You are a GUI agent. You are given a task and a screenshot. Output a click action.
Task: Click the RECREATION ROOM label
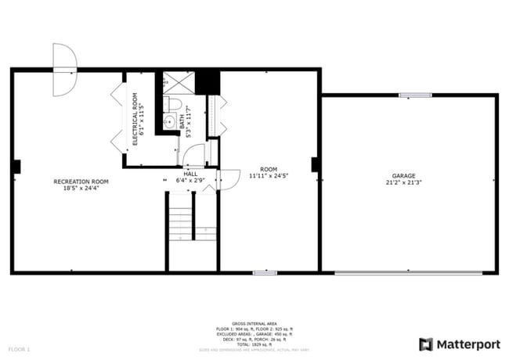tap(81, 182)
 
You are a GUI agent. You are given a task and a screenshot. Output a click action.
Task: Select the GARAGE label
tap(404, 175)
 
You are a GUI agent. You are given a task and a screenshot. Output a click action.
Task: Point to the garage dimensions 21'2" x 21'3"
tap(404, 182)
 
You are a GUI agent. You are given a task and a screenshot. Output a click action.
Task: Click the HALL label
tap(190, 174)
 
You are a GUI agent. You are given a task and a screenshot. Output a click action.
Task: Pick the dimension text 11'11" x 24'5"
tap(269, 176)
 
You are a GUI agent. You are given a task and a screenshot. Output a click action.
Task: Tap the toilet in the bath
tap(174, 105)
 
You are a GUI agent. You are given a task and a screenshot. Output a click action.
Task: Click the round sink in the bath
tap(169, 121)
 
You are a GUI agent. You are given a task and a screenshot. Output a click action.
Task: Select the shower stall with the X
tap(178, 82)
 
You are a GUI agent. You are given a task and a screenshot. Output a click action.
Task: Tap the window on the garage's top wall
tap(414, 95)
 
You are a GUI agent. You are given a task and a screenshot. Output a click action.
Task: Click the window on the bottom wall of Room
tap(265, 272)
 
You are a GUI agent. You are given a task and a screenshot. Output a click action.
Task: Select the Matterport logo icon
tap(426, 344)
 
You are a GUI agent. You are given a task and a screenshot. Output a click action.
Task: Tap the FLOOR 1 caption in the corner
tap(19, 348)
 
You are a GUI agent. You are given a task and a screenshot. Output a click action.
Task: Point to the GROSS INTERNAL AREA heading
tap(254, 322)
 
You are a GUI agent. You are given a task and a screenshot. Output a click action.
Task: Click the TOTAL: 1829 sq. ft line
tap(254, 344)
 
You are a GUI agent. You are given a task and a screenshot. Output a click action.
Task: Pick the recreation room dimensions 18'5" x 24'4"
tap(81, 189)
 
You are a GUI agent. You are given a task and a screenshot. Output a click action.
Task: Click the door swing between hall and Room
tap(228, 179)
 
